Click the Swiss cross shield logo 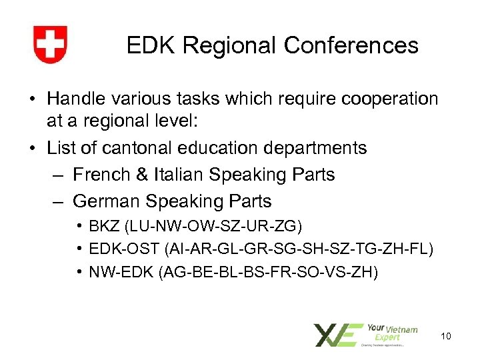pyautogui.click(x=50, y=45)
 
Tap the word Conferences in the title pyautogui.click(x=351, y=45)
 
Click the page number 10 pyautogui.click(x=446, y=335)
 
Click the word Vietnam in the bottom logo pyautogui.click(x=402, y=329)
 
